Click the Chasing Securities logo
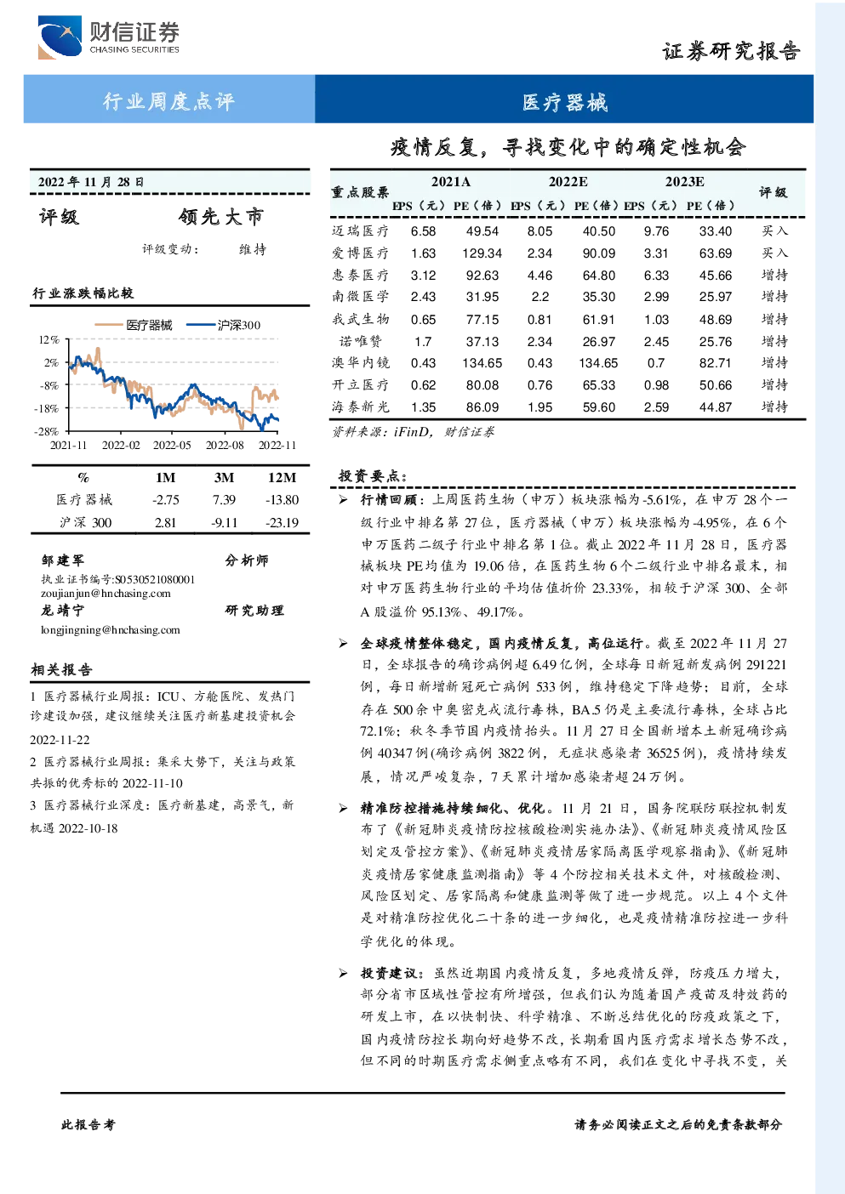click(x=108, y=37)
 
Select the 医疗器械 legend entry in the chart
click(x=134, y=325)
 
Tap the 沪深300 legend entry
click(x=224, y=325)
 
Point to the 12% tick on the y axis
click(x=49, y=339)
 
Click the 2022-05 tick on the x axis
click(x=172, y=445)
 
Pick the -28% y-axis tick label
click(x=47, y=430)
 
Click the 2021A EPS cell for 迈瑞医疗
click(x=423, y=231)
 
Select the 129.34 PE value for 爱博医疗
click(x=482, y=253)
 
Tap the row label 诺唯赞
click(x=361, y=341)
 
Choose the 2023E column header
click(x=684, y=182)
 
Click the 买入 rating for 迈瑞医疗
click(x=774, y=230)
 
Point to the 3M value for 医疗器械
click(x=224, y=499)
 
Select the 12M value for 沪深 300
click(x=283, y=522)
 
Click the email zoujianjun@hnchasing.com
click(x=106, y=594)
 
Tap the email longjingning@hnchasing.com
click(x=111, y=629)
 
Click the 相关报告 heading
click(x=61, y=669)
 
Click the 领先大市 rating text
click(x=221, y=216)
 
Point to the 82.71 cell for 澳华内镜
click(x=715, y=363)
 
